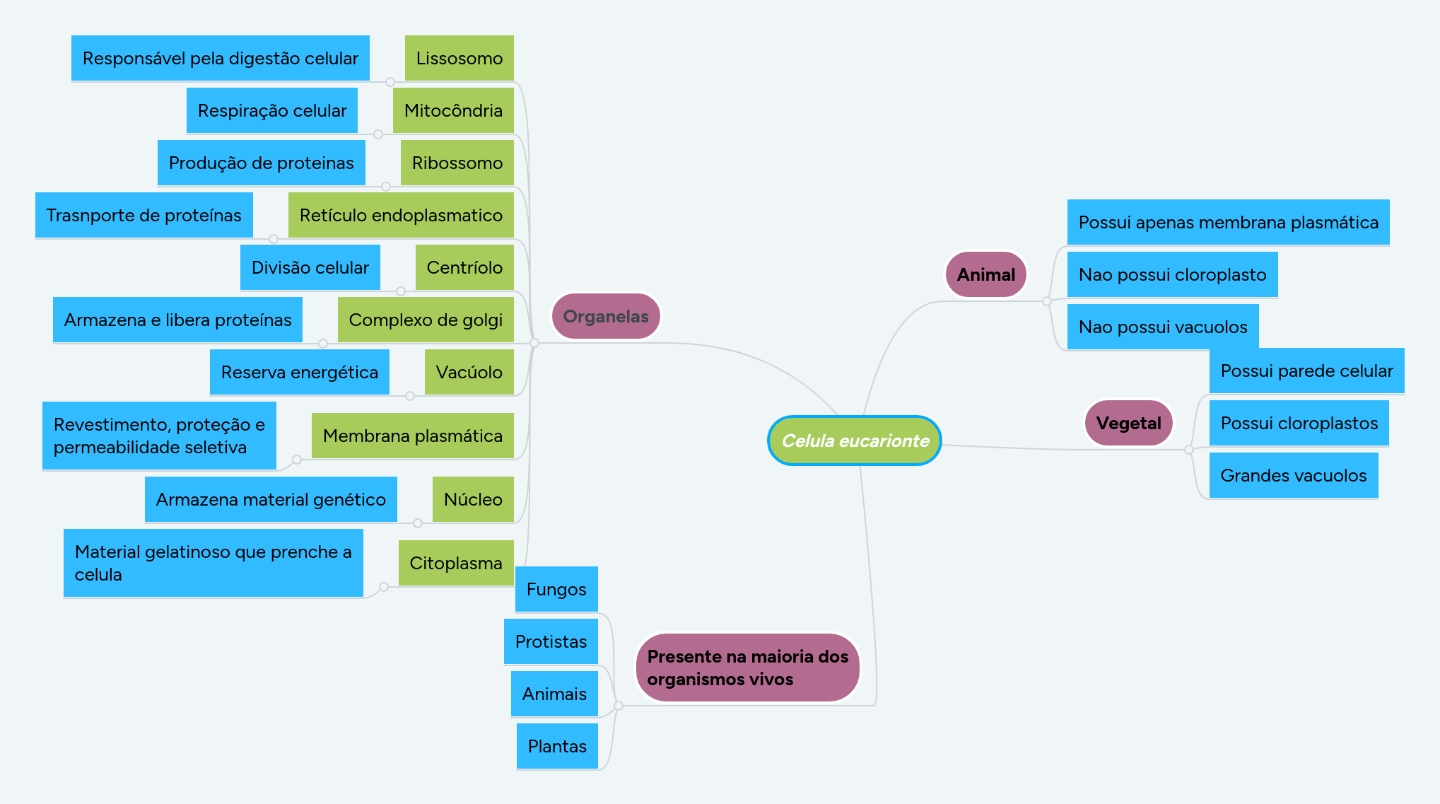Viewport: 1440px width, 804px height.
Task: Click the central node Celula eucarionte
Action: (854, 441)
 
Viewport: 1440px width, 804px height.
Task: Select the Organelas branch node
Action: (605, 316)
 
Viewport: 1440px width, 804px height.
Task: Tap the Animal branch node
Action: (985, 274)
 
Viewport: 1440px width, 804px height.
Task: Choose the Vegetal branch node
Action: (1128, 423)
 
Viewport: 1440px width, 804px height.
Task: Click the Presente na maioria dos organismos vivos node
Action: (747, 668)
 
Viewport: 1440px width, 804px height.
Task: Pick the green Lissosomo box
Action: (459, 58)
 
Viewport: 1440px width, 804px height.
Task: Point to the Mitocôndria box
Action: (453, 110)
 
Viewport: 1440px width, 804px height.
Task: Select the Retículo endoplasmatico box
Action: (401, 215)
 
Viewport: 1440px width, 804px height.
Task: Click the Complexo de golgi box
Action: (426, 320)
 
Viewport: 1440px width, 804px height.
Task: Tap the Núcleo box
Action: (473, 499)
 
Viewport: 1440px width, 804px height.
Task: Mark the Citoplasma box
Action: (456, 563)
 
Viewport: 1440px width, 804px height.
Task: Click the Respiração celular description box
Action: (272, 110)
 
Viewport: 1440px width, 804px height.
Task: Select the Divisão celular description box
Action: (310, 267)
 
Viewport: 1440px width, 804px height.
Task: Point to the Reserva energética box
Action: (299, 372)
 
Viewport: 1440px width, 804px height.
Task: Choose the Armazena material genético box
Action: (271, 499)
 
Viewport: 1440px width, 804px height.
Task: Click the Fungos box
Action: (556, 589)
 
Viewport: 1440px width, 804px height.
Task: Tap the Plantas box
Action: (557, 746)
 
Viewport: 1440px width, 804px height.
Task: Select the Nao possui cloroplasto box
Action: (1172, 274)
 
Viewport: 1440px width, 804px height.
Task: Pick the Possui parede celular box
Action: (1306, 371)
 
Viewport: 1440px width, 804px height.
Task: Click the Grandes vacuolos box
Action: (1294, 475)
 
